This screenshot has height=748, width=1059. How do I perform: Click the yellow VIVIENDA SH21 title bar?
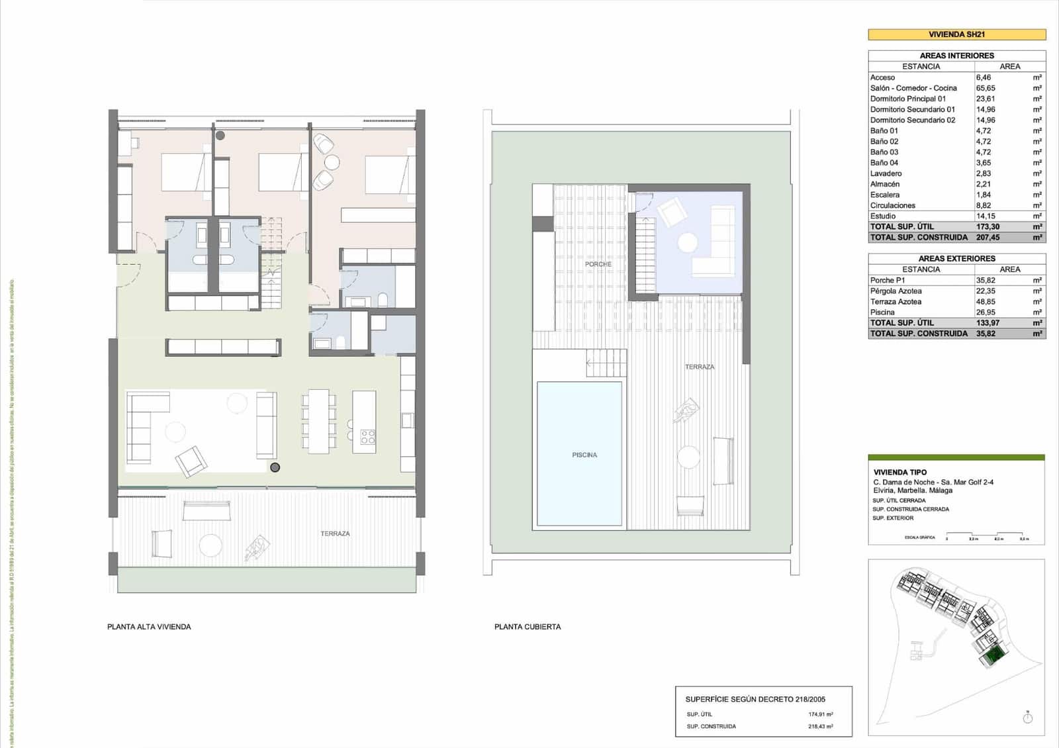[956, 34]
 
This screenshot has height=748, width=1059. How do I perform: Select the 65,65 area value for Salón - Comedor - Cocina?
[986, 88]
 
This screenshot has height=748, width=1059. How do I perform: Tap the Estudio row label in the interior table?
[883, 216]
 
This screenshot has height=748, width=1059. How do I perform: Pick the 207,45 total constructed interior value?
[988, 237]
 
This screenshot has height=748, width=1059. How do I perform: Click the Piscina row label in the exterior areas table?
[882, 312]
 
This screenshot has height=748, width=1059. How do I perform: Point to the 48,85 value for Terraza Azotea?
[986, 302]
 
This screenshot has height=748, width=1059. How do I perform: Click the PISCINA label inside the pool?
[584, 455]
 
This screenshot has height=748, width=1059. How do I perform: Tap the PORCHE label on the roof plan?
[598, 264]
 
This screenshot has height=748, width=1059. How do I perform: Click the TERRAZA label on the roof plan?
[700, 367]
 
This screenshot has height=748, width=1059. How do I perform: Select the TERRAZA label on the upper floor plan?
[335, 534]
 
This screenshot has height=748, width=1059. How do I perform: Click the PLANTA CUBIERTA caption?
[528, 627]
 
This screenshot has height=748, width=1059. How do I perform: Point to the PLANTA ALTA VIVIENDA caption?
[149, 627]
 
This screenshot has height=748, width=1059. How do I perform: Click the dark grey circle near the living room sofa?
[275, 467]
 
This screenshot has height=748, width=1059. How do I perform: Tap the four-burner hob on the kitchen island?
[367, 437]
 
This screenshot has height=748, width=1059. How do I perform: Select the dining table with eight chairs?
[319, 421]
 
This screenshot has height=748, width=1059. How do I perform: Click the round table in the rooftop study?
[688, 243]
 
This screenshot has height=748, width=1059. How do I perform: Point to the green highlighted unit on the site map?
[991, 656]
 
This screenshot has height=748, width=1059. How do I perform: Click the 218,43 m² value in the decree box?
[820, 726]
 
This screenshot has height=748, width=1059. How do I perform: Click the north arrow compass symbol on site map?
[1027, 718]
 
